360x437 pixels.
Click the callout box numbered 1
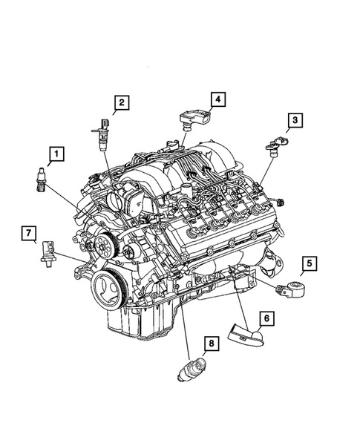click(55, 155)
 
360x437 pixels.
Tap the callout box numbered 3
click(295, 120)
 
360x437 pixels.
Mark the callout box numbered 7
click(28, 235)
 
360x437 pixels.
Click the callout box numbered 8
click(210, 344)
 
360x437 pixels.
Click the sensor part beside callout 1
click(39, 180)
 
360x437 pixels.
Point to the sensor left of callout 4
click(194, 117)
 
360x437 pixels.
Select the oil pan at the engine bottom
click(134, 319)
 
